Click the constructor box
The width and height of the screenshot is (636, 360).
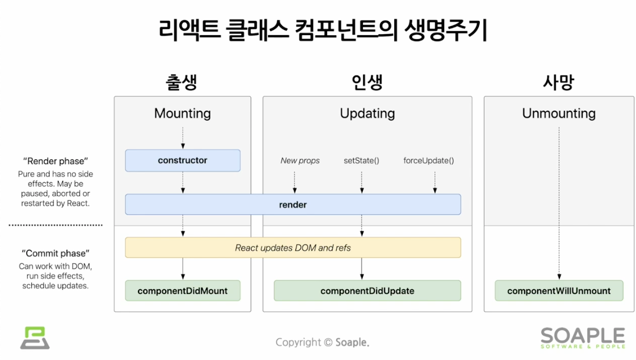click(182, 161)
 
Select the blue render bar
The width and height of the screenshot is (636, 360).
click(293, 204)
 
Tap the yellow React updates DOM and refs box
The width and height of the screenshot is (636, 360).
click(293, 248)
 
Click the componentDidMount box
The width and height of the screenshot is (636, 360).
click(182, 291)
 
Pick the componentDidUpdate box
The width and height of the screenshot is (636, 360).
click(367, 291)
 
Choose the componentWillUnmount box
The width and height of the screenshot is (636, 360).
click(559, 291)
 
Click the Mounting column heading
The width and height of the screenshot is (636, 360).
click(182, 113)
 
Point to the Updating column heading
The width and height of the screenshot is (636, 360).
click(367, 113)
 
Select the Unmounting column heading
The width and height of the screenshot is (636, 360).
click(559, 113)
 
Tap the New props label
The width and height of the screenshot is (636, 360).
click(300, 161)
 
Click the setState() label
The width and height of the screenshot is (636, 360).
click(361, 161)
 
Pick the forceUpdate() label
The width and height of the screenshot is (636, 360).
click(429, 161)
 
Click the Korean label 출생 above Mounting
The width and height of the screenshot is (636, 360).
click(181, 82)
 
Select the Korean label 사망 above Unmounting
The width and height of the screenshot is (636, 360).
click(559, 82)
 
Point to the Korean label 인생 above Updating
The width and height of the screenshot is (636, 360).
click(367, 82)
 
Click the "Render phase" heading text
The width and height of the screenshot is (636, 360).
click(56, 161)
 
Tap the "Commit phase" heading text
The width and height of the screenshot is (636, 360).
click(56, 253)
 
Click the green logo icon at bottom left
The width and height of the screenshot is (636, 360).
click(35, 338)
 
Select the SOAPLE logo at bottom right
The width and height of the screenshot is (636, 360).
click(583, 338)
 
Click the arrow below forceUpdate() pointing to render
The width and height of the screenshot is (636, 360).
click(435, 182)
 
